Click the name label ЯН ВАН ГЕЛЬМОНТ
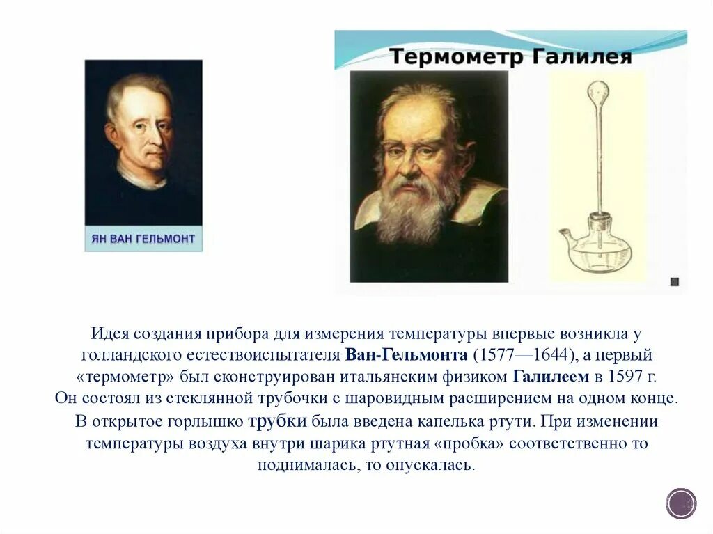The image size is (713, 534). (143, 239)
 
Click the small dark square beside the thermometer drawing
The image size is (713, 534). (673, 282)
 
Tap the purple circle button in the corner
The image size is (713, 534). (680, 503)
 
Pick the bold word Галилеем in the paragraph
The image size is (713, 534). (550, 377)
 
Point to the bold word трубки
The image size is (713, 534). (278, 421)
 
